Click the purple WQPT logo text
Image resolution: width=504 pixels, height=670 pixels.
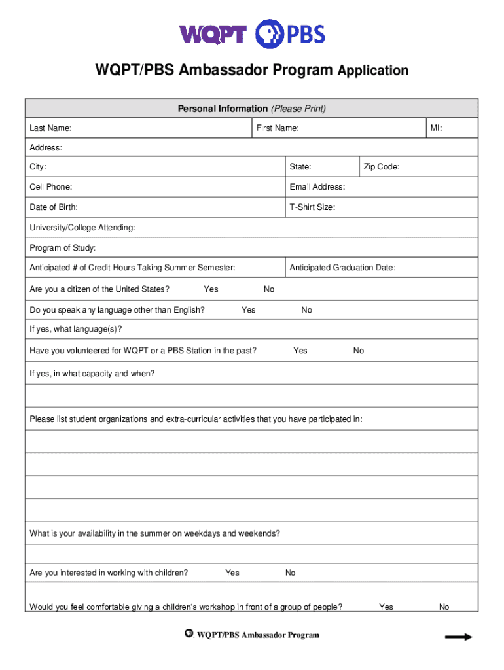(x=213, y=33)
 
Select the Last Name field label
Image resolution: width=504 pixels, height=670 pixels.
(x=50, y=128)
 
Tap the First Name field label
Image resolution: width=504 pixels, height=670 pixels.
(x=278, y=128)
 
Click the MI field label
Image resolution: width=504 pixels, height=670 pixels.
(x=436, y=128)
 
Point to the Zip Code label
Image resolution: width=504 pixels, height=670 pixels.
(x=382, y=167)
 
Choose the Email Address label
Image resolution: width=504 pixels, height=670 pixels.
(x=317, y=187)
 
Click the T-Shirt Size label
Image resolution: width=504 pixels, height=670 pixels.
(x=312, y=207)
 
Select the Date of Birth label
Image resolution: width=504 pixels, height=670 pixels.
(x=54, y=207)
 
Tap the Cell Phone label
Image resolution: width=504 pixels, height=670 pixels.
(x=51, y=187)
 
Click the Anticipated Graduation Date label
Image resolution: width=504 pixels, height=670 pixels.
(x=342, y=268)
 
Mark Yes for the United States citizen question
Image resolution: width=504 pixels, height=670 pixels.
(x=211, y=289)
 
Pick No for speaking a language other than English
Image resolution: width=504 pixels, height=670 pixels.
(x=306, y=310)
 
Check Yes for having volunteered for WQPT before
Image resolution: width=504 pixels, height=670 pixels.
(x=300, y=351)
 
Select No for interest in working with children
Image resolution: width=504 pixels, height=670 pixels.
(x=290, y=573)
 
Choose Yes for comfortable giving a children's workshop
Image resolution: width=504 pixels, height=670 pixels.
(x=386, y=607)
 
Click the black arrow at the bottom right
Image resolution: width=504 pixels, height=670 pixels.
(x=458, y=637)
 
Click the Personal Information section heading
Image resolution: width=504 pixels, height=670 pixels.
(x=251, y=109)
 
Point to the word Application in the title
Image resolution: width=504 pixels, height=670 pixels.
(x=373, y=71)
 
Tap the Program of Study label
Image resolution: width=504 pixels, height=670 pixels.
(x=62, y=247)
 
